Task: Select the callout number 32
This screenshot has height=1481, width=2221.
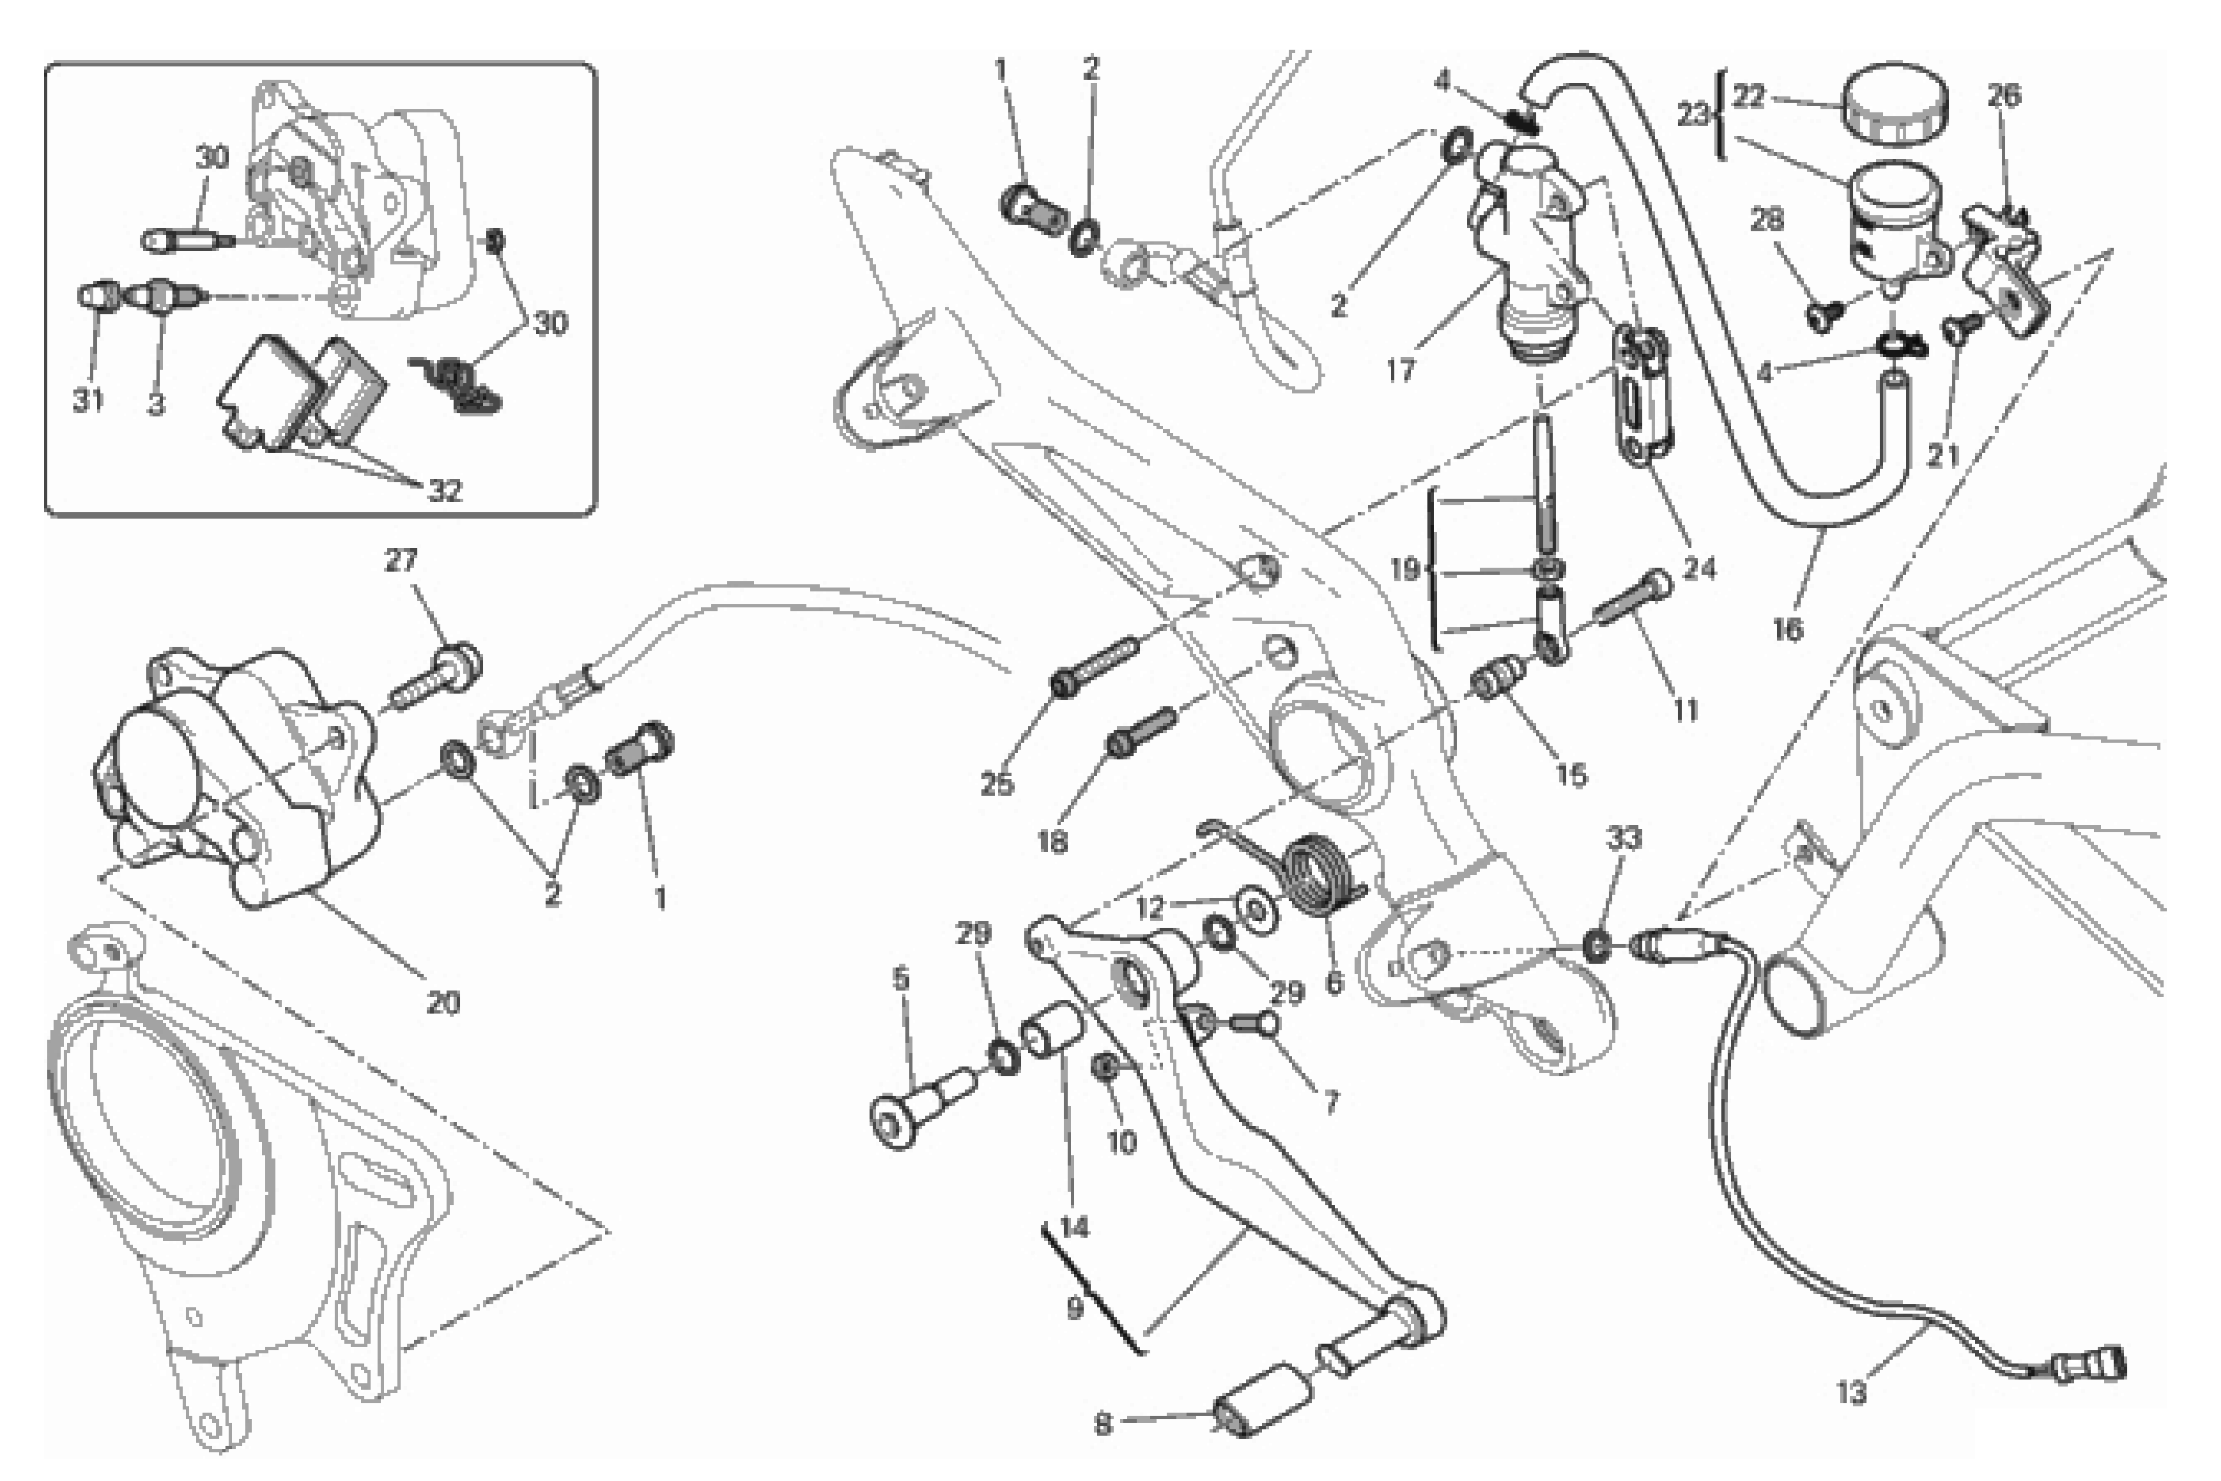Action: (x=445, y=490)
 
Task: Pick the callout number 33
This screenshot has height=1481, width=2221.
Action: (x=1624, y=838)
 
